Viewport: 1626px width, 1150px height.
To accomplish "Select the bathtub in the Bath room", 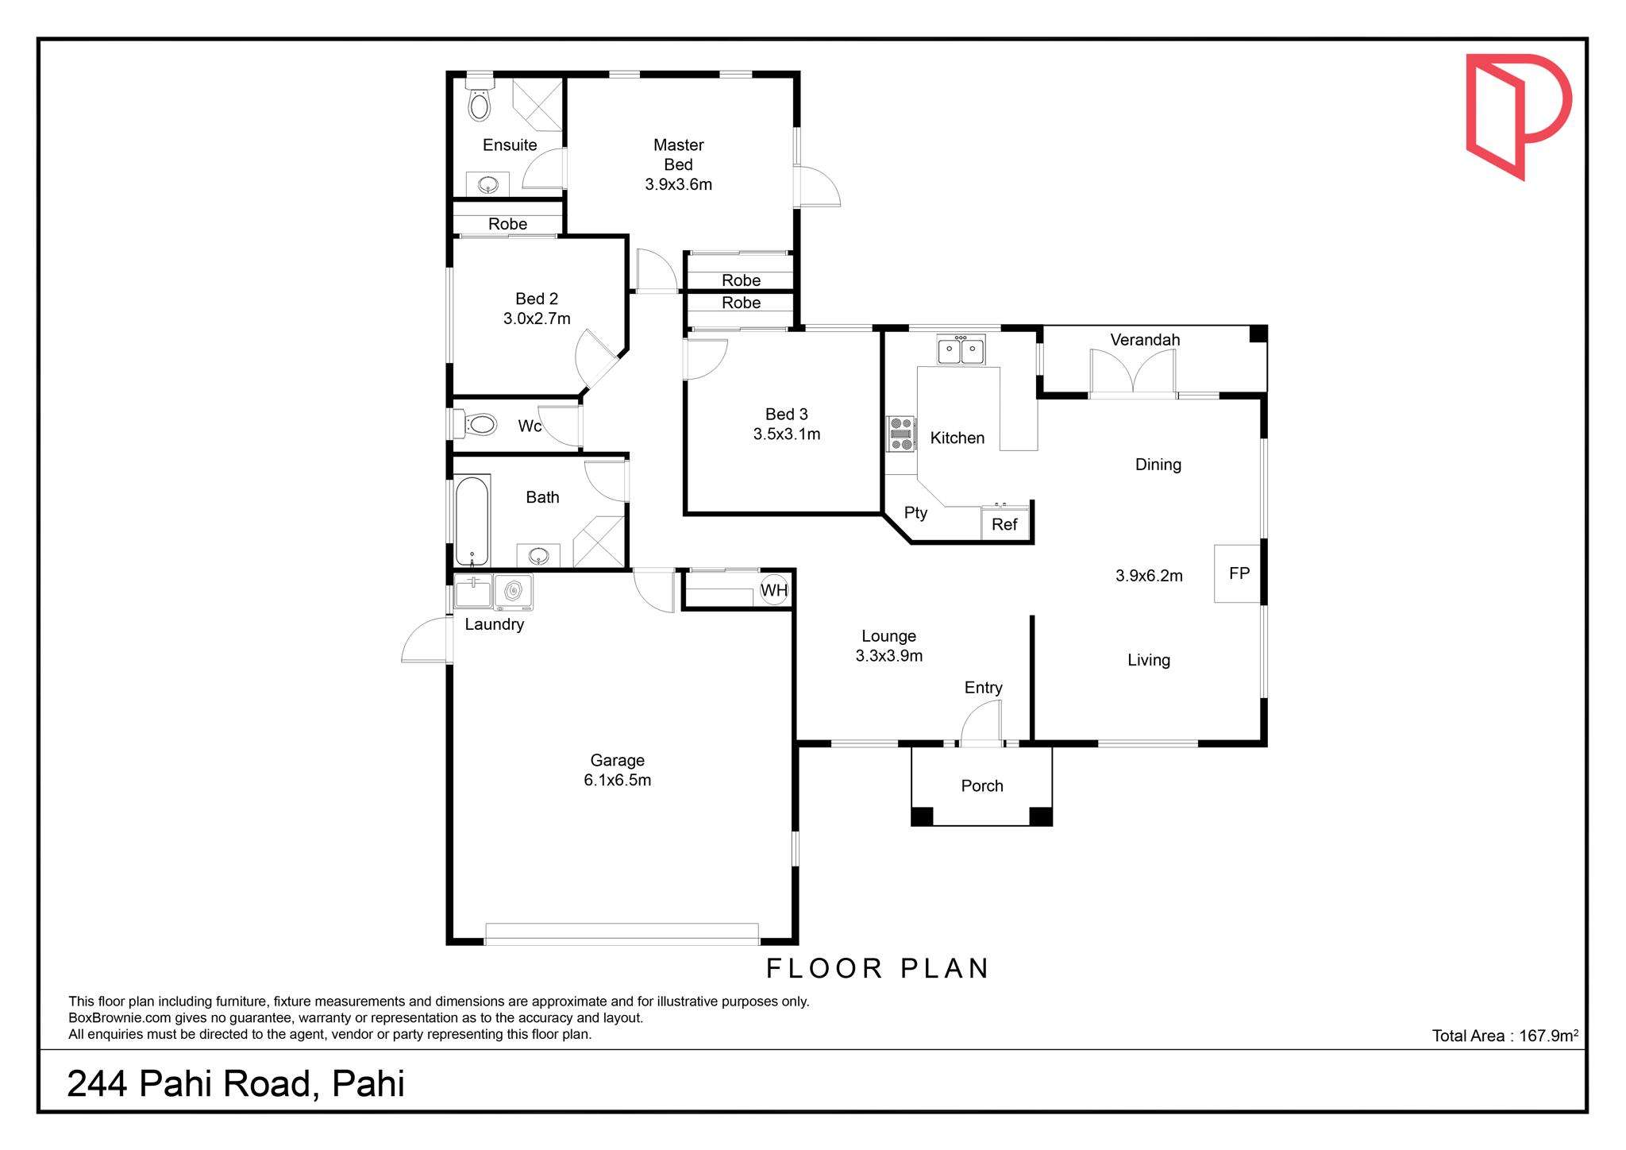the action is (472, 521).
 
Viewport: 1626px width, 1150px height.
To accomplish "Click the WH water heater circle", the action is (774, 590).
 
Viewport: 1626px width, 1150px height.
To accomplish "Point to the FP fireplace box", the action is (1238, 573).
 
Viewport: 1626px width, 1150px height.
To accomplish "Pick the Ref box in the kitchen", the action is (1004, 524).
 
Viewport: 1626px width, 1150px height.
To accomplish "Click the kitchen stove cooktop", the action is (901, 434).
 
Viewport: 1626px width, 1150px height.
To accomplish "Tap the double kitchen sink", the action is (961, 349).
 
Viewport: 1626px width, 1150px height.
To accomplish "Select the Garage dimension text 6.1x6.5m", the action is (618, 780).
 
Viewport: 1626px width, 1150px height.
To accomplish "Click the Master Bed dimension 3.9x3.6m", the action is (678, 184).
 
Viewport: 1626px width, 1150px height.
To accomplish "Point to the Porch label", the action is (982, 785).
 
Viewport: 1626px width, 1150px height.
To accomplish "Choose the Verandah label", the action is (1145, 340).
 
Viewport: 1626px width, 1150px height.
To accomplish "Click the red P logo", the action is (1518, 116).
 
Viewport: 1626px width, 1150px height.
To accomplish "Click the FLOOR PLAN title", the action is (877, 968).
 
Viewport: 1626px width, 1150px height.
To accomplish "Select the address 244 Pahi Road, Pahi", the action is (236, 1084).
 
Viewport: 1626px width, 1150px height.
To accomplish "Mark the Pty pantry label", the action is (915, 513).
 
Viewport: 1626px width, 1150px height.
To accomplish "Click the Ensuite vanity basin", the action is (488, 185).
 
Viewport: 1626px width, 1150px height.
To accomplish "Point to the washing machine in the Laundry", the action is (514, 592).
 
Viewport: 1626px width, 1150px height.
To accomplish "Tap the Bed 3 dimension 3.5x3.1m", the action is (787, 434).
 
